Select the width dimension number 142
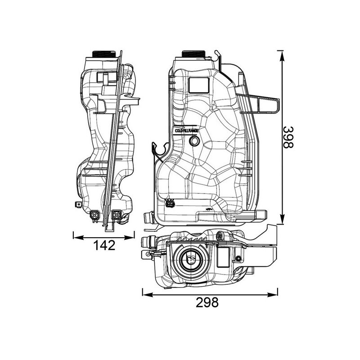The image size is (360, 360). point(104,245)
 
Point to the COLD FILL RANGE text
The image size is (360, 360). point(187,130)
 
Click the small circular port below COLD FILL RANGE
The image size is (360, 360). point(194,141)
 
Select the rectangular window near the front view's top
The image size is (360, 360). point(198,84)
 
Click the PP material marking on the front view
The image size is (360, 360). point(208,210)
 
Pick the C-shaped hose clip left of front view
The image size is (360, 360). point(157,152)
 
